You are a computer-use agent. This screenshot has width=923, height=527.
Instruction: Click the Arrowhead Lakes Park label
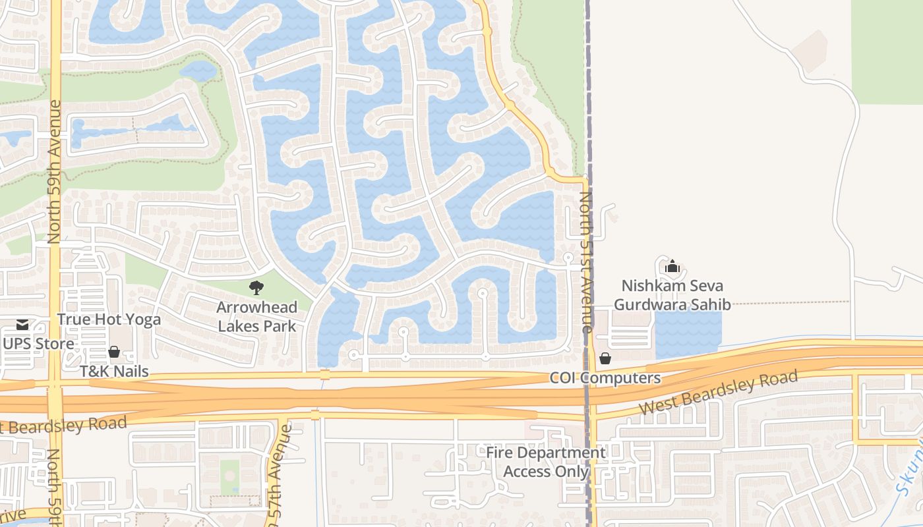pos(257,316)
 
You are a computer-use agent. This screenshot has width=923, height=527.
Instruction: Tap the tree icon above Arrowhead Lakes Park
pos(256,287)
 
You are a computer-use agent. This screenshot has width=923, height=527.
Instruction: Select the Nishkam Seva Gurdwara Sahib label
pos(672,295)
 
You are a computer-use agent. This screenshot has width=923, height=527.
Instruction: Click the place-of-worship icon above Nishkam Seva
pos(672,267)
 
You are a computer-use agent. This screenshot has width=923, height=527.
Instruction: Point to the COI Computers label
pos(605,378)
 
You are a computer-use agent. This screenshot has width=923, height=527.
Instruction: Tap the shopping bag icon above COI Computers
pos(605,358)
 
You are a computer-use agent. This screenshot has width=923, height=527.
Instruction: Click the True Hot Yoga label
pos(109,319)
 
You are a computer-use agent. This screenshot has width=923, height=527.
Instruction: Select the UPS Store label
pos(38,343)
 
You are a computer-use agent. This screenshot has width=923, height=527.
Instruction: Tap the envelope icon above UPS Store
pos(23,324)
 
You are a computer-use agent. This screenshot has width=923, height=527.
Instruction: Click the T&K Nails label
pos(114,372)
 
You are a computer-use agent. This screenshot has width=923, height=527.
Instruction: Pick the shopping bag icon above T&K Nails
pos(114,352)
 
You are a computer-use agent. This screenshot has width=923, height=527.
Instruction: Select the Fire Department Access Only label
pos(545,462)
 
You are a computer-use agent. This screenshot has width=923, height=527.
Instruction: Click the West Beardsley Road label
pos(719,393)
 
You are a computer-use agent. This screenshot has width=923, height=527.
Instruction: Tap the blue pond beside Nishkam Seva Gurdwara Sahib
pos(688,333)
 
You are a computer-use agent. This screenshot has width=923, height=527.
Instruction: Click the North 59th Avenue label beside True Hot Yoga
pos(55,171)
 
